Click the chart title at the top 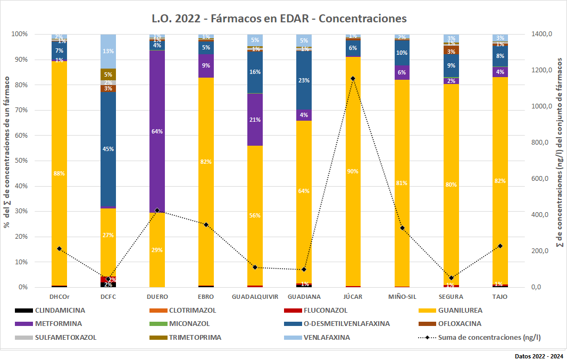click(x=279, y=19)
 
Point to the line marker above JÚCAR click(x=353, y=79)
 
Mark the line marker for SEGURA click(x=451, y=278)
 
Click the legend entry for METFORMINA click(x=59, y=323)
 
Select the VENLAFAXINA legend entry click(x=329, y=337)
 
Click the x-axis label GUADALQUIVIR click(x=255, y=296)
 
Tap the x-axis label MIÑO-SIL click(x=402, y=296)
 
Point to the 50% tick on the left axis click(x=20, y=161)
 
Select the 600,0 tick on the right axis click(x=542, y=179)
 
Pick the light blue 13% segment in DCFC click(x=108, y=51)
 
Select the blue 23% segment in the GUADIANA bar click(x=304, y=80)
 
